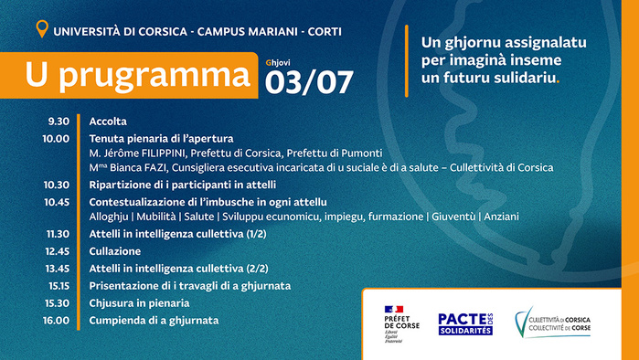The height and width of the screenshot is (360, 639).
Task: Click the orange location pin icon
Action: [40, 30]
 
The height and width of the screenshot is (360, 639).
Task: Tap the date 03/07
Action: [308, 82]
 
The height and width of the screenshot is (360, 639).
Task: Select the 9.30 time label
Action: [59, 122]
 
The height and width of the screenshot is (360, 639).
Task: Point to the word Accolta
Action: [108, 122]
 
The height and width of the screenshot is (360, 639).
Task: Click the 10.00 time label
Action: [57, 138]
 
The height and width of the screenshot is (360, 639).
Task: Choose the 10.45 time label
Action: [57, 201]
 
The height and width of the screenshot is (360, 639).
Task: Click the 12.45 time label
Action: [57, 250]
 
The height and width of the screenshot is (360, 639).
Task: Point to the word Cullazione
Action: [114, 250]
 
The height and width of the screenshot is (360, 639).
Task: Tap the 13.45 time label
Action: [57, 268]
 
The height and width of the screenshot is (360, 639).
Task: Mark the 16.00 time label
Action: [57, 320]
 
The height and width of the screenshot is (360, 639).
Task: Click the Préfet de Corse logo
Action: [401, 321]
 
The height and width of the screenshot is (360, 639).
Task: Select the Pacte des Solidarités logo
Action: [465, 323]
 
